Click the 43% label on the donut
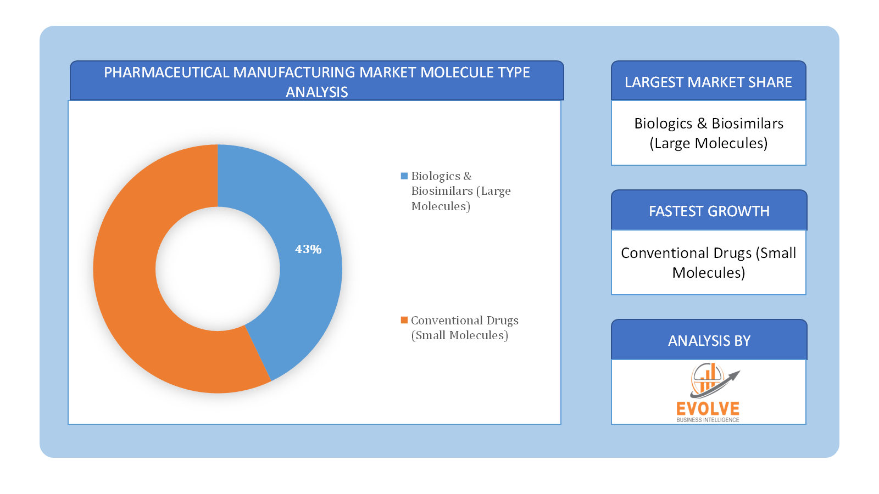point(308,249)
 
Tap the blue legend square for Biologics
point(404,176)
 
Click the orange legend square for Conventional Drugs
point(404,321)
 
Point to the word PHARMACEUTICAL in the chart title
point(166,72)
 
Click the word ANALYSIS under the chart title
point(316,92)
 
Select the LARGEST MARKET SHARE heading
point(708,82)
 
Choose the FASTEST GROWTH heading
point(709,211)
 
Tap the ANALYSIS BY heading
point(709,341)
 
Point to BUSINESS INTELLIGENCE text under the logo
point(708,420)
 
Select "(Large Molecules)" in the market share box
point(708,143)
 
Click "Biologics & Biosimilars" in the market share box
point(709,123)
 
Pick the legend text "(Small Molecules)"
point(459,335)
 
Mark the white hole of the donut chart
point(218,268)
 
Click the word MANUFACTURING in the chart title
point(294,72)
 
